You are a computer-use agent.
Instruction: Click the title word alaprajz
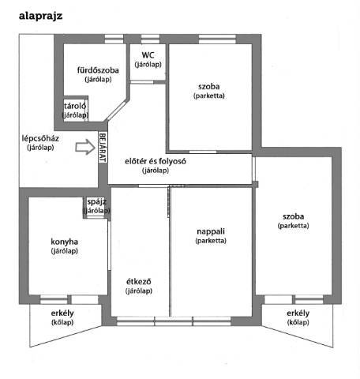[40, 16]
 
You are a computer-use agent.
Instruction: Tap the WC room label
[148, 55]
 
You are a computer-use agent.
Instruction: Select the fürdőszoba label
[98, 70]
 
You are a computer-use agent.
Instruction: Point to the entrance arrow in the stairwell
[85, 147]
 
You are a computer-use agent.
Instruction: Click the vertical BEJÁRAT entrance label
[103, 147]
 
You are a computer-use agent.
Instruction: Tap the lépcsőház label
[40, 138]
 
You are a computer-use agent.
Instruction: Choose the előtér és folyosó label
[156, 161]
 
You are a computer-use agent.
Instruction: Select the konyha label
[64, 242]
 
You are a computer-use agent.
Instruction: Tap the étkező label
[139, 281]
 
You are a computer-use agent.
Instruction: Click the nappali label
[211, 231]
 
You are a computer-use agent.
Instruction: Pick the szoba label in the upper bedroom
[209, 86]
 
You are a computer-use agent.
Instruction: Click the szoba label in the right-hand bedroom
[294, 216]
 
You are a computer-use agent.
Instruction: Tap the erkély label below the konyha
[62, 313]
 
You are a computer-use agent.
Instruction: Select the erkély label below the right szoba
[298, 313]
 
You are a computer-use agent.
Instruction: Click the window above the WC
[150, 39]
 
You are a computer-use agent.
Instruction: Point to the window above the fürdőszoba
[114, 39]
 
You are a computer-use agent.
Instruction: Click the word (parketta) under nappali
[211, 241]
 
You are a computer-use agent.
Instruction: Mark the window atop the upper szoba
[217, 39]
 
